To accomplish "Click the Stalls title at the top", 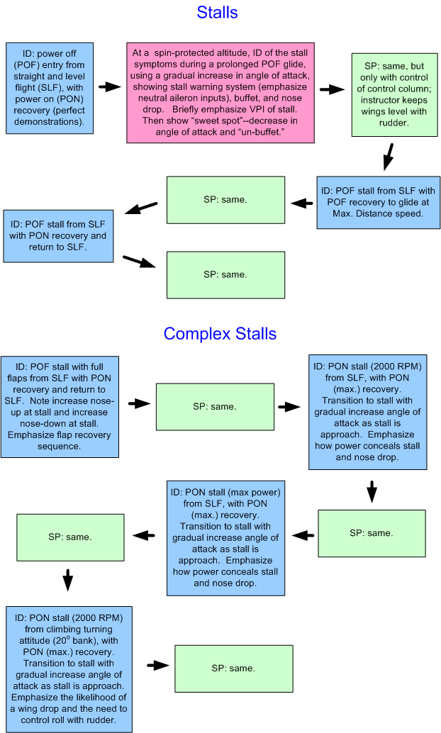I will click(x=217, y=12).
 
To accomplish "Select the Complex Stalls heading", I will click(x=220, y=333).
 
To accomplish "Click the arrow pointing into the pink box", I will click(x=110, y=86).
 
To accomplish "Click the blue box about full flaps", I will click(x=60, y=405).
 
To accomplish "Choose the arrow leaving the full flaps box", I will click(x=138, y=403).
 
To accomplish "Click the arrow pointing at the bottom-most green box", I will click(x=158, y=665).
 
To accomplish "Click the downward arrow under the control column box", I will click(x=387, y=156).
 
